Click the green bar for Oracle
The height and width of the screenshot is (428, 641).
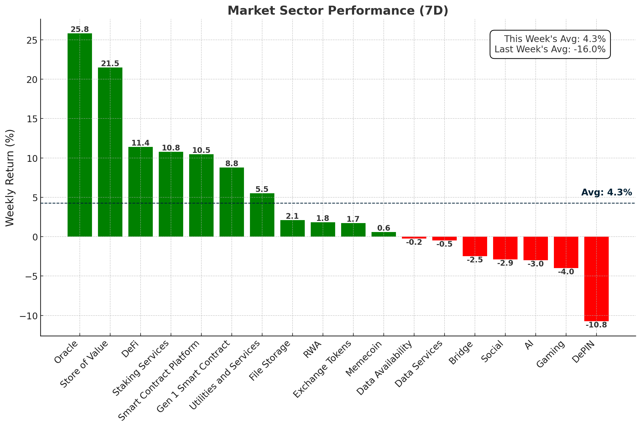[80, 135]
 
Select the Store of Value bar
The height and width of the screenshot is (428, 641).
[110, 152]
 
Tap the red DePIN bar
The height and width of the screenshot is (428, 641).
[596, 279]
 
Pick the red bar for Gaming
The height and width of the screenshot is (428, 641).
[566, 252]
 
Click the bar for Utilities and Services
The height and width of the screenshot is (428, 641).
[262, 215]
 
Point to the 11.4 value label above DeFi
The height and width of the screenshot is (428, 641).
[141, 143]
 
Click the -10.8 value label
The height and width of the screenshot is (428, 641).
[596, 325]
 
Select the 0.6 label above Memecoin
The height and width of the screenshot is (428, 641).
[384, 228]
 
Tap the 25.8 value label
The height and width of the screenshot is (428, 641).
[80, 30]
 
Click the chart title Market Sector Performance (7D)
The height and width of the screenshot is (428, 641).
[338, 11]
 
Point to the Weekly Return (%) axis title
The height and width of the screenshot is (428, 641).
[10, 178]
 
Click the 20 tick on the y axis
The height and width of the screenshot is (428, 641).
[32, 79]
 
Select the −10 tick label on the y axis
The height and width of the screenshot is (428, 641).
[28, 316]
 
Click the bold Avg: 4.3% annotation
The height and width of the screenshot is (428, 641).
[607, 192]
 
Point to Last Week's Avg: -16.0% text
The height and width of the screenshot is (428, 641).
[550, 49]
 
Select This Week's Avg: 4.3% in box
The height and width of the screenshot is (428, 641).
[555, 39]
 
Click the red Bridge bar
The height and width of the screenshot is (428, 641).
[475, 246]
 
